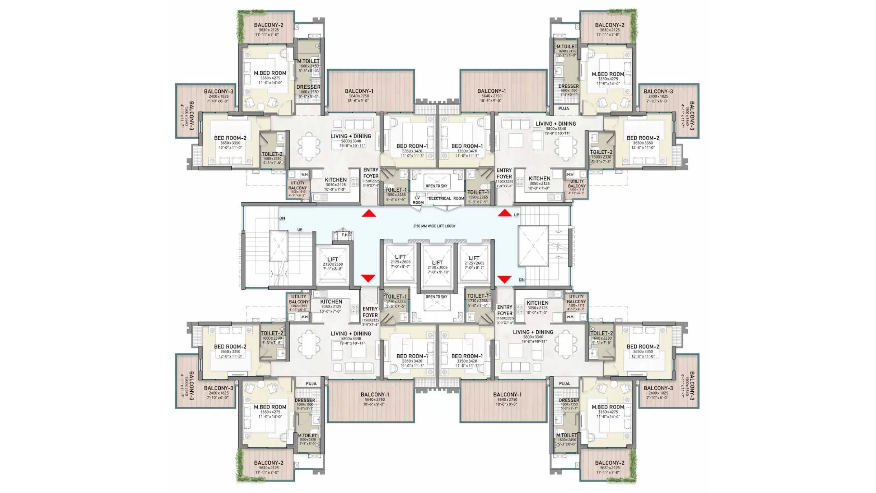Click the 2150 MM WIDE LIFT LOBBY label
434,226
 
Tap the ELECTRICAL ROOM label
446,198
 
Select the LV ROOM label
418,200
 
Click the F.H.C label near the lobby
346,235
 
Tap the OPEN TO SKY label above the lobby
436,186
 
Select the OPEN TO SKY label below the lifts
436,297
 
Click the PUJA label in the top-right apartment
564,109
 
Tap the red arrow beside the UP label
504,213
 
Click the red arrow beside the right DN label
504,279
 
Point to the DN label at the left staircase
282,218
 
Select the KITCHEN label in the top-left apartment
335,180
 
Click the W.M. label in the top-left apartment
305,175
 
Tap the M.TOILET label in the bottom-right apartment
567,435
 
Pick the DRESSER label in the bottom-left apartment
305,400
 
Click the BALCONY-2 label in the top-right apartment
609,25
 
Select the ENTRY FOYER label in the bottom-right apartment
505,310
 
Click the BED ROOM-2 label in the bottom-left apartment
230,346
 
